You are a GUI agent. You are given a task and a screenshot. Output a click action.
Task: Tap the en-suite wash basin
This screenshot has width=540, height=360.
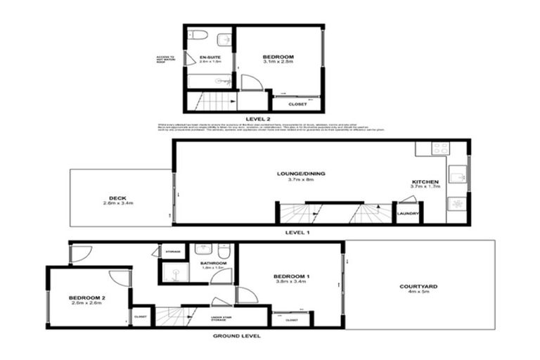click(x=224, y=38)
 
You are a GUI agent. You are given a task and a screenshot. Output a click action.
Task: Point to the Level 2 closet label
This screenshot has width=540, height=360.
click(x=297, y=104)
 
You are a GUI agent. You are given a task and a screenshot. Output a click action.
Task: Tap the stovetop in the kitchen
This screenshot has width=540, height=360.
click(x=441, y=148)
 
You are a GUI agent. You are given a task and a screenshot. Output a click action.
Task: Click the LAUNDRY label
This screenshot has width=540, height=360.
click(x=408, y=213)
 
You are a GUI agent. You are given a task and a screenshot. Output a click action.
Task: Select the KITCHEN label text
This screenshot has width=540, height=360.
click(x=425, y=183)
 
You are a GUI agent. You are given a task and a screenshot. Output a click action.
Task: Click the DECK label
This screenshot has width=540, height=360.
click(x=117, y=198)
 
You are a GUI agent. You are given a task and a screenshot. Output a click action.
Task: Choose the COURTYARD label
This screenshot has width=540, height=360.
click(x=416, y=286)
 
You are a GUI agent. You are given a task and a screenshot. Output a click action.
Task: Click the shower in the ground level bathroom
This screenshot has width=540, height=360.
click(x=172, y=271)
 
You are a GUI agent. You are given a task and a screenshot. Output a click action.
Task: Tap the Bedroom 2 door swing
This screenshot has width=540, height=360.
click(x=120, y=276)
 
